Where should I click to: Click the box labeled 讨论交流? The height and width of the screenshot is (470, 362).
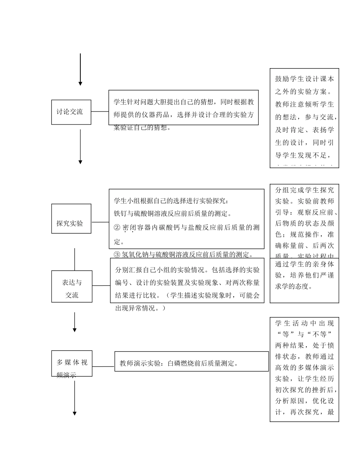[71, 112]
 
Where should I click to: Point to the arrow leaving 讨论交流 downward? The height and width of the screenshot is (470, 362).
[80, 147]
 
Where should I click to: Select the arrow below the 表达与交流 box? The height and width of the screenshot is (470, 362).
[75, 322]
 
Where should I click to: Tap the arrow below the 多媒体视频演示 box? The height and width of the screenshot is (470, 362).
[75, 398]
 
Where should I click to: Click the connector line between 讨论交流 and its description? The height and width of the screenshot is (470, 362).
[100, 112]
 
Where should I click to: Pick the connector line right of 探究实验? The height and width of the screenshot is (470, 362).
[100, 222]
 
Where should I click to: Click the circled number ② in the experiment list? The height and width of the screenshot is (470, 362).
[117, 228]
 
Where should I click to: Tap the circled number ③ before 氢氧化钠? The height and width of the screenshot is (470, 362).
[117, 254]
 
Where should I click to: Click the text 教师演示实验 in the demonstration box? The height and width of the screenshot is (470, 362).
[138, 363]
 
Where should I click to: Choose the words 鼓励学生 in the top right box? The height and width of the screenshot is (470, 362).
[290, 79]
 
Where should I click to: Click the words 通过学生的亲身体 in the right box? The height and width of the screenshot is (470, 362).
[304, 264]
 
